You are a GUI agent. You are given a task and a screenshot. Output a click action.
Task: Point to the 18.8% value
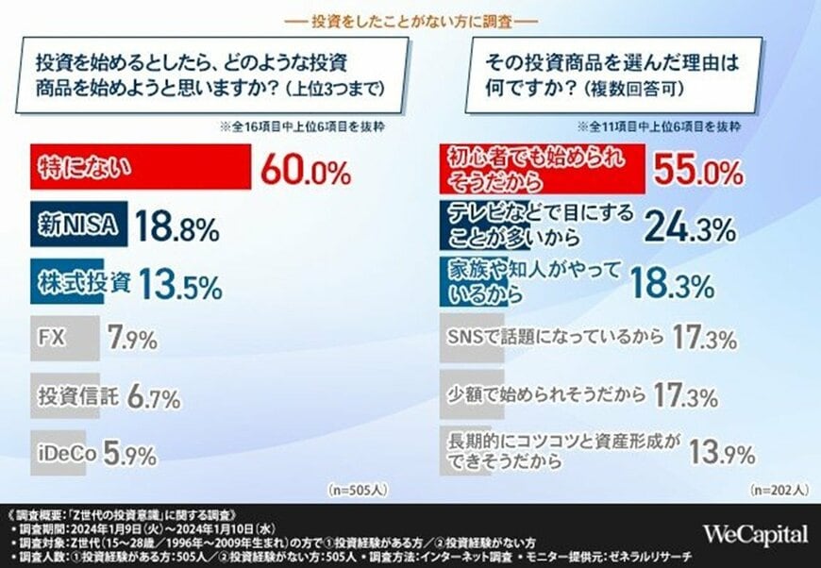(x=176, y=227)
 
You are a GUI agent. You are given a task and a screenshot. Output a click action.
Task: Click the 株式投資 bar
(x=80, y=283)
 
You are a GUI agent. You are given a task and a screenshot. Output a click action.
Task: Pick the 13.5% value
(x=181, y=283)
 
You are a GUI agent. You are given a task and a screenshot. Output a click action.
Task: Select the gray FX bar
(x=63, y=339)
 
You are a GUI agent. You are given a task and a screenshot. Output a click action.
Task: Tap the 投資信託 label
(x=77, y=396)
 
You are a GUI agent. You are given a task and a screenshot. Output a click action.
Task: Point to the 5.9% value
(x=128, y=454)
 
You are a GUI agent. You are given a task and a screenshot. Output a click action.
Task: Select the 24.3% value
(x=691, y=227)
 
